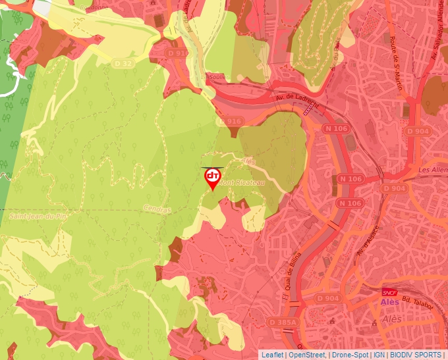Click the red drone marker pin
[213, 178]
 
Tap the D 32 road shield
[123, 63]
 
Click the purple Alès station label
[390, 302]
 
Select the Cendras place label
[156, 210]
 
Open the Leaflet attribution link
[272, 355]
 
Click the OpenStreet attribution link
[307, 355]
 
